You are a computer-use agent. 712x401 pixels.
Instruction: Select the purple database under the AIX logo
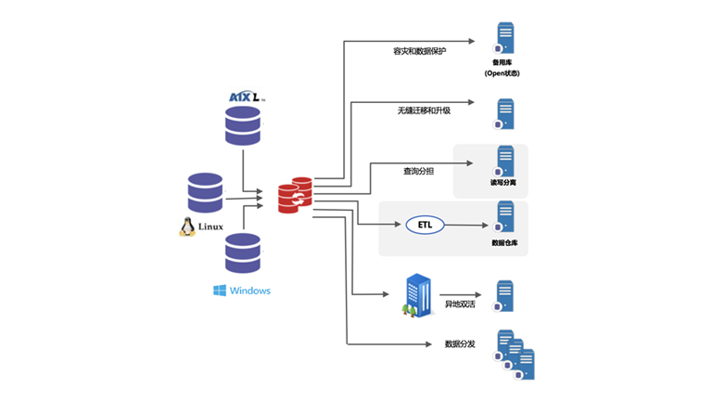point(242,125)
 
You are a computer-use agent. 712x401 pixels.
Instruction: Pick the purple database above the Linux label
point(205,192)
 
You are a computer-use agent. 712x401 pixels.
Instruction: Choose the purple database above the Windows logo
point(242,252)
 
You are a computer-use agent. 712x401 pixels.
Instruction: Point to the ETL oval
point(426,225)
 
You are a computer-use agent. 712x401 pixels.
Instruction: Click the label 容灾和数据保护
point(420,51)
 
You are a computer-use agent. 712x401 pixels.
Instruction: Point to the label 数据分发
point(460,344)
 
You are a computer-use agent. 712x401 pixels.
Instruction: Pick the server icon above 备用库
point(505,38)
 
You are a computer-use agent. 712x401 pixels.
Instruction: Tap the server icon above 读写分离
point(505,162)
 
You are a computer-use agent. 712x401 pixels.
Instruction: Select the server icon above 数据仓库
point(505,218)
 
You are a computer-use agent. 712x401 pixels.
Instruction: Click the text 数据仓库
point(505,243)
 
